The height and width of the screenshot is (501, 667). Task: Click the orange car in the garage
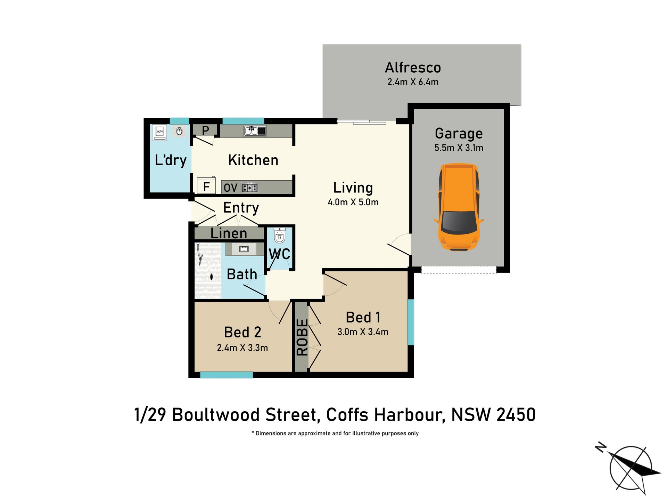[x=459, y=207]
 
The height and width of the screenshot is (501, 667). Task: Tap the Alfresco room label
[x=413, y=67]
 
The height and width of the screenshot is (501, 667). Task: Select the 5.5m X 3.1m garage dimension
[x=459, y=148]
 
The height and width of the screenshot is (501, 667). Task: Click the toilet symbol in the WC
[x=279, y=236]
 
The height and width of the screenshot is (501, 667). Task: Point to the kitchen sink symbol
[x=255, y=131]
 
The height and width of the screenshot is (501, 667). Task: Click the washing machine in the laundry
[x=159, y=133]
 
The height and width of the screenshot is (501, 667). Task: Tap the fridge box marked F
[x=206, y=185]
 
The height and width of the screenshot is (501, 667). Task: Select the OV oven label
[x=230, y=188]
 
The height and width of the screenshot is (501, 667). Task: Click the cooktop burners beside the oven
[x=249, y=188]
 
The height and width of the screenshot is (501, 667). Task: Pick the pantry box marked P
[x=205, y=131]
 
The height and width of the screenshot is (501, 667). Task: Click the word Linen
[x=229, y=233]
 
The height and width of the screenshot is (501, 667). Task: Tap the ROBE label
[x=302, y=337]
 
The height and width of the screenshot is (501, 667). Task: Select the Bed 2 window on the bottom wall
[x=227, y=375]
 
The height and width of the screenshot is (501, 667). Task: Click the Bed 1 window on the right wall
[x=410, y=322]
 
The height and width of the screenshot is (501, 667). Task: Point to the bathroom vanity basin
[x=244, y=249]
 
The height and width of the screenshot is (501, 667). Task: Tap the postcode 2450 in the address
[x=516, y=415]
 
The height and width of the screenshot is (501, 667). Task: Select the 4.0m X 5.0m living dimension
[x=353, y=202]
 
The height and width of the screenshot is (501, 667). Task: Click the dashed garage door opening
[x=459, y=270]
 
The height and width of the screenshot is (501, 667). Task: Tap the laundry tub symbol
[x=179, y=131]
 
